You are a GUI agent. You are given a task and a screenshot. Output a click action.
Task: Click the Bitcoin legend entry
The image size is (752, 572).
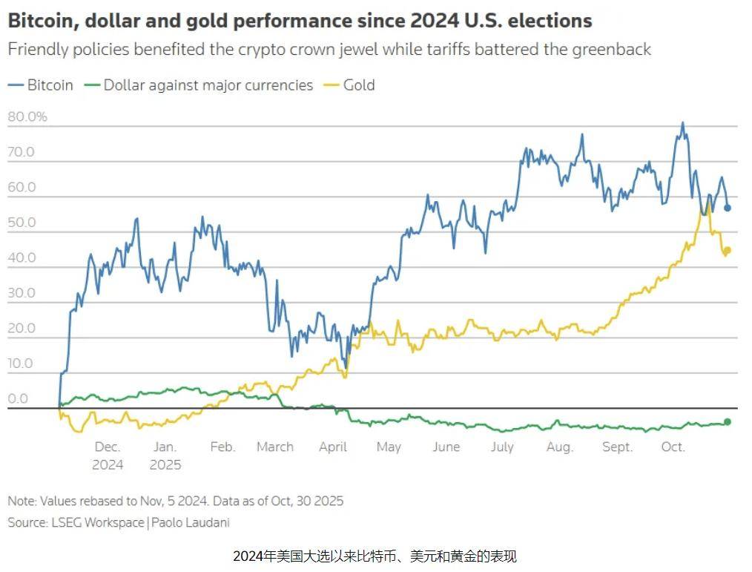click(x=50, y=85)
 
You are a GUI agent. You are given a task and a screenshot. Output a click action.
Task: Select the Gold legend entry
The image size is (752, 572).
click(x=359, y=85)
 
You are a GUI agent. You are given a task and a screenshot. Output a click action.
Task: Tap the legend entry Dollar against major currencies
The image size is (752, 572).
click(x=208, y=85)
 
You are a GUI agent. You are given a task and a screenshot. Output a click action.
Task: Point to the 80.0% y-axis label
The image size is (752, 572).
click(x=27, y=116)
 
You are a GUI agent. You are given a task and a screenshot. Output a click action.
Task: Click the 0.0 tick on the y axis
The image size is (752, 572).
click(x=17, y=399)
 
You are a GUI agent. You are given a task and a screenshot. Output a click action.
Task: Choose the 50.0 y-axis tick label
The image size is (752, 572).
click(x=21, y=223)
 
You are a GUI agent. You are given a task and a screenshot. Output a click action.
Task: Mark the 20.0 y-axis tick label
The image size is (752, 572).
click(x=21, y=329)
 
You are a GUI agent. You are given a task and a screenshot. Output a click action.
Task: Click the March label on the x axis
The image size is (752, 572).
click(x=275, y=447)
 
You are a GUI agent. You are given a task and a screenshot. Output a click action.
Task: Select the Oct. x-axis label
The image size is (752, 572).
click(x=673, y=447)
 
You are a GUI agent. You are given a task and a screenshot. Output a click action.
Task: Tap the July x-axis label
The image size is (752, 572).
click(x=502, y=447)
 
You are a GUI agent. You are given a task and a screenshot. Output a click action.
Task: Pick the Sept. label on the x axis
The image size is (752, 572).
click(x=617, y=447)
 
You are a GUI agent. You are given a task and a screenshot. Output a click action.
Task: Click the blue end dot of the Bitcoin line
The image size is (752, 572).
click(x=728, y=208)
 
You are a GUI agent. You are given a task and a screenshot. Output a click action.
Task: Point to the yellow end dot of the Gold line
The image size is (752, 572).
click(x=728, y=250)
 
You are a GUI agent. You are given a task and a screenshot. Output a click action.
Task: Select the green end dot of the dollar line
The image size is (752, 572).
click(x=728, y=421)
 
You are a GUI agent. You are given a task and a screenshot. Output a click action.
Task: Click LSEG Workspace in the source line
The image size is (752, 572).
click(x=96, y=522)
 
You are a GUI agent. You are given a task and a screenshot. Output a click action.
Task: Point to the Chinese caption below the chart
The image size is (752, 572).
click(x=375, y=556)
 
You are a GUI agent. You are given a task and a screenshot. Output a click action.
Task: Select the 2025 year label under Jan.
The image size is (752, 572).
click(x=165, y=465)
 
